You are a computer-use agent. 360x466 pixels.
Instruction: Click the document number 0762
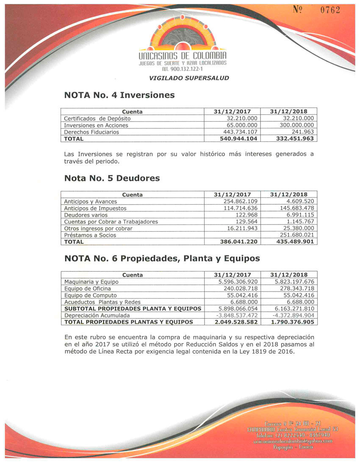[x=330, y=10]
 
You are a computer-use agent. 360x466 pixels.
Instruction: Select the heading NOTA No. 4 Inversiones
[x=119, y=95]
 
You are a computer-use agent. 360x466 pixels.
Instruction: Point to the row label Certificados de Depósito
[x=97, y=119]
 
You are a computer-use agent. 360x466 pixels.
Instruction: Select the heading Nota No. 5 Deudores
[x=112, y=178]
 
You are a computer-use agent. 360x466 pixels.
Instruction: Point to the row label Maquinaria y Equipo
[x=91, y=282]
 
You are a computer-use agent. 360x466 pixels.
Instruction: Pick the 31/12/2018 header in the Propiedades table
[x=289, y=275]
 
